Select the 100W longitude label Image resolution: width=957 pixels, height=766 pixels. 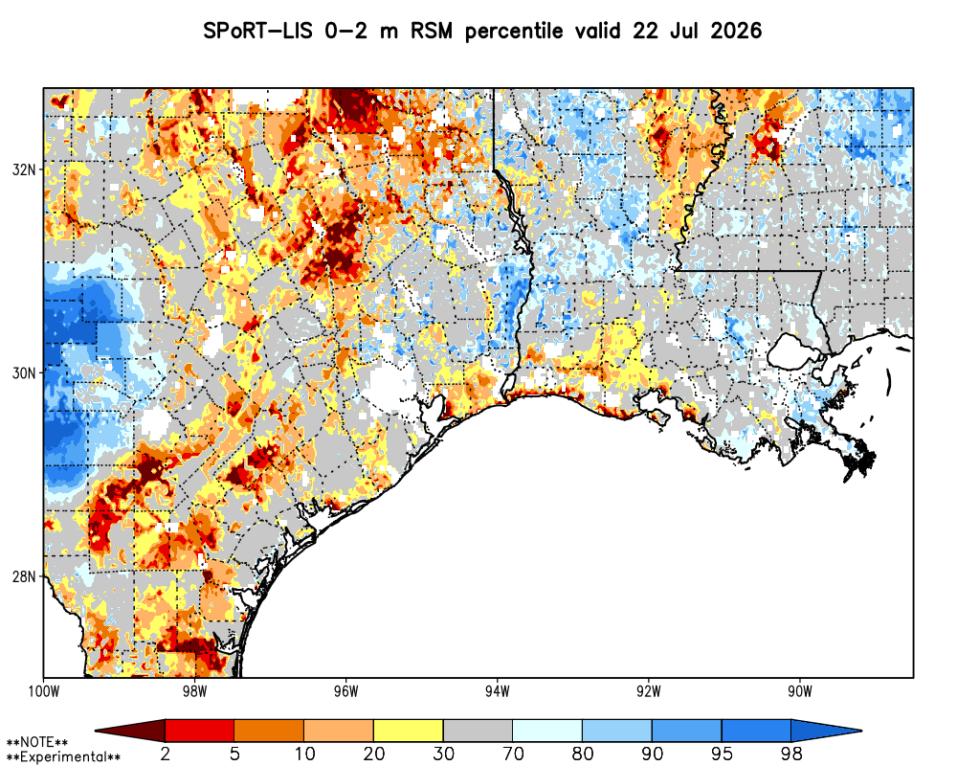point(43,691)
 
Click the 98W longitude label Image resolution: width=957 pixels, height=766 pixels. point(194,691)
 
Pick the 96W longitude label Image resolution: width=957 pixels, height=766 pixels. point(346,691)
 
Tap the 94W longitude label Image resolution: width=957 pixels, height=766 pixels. point(498,691)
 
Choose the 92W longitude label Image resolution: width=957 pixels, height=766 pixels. point(649,691)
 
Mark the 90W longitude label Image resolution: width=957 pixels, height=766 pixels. point(800,691)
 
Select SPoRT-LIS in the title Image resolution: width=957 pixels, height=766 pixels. point(258,31)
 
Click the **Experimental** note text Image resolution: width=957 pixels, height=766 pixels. point(63,757)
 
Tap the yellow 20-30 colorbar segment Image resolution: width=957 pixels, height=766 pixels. point(409,731)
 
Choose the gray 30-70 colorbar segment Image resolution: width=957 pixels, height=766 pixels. point(478,731)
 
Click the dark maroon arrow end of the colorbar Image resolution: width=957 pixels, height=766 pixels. point(130,731)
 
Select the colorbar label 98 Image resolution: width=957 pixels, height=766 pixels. point(791,754)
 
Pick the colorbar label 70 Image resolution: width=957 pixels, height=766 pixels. point(513,754)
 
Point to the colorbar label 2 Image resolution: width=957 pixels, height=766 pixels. point(165,754)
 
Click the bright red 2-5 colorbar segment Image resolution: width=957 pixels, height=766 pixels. point(200,731)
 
